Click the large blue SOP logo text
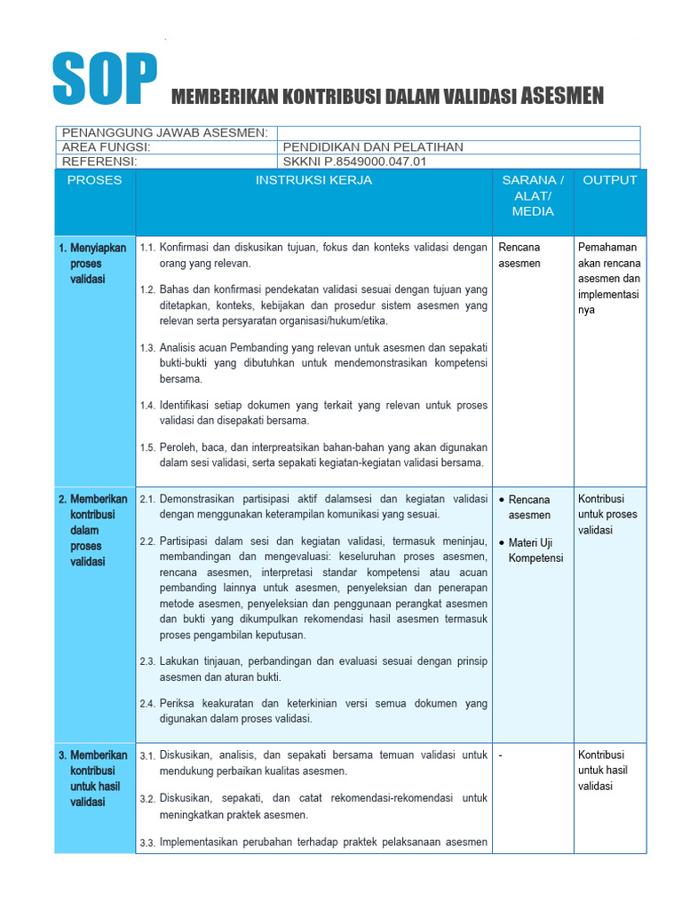pos(104,77)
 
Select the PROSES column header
pos(95,180)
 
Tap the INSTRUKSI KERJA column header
pos(313,180)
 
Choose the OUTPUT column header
pos(609,180)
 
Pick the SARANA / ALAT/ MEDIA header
pos(533,195)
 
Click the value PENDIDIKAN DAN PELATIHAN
pos(372,147)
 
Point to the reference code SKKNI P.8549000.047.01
pos(354,162)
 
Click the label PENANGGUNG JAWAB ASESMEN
pos(164,132)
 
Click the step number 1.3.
pos(147,348)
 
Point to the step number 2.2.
pos(147,541)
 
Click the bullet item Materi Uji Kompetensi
pos(535,550)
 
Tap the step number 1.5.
pos(147,448)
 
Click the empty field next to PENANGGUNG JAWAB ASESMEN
pos(458,132)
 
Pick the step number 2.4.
pos(147,704)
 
